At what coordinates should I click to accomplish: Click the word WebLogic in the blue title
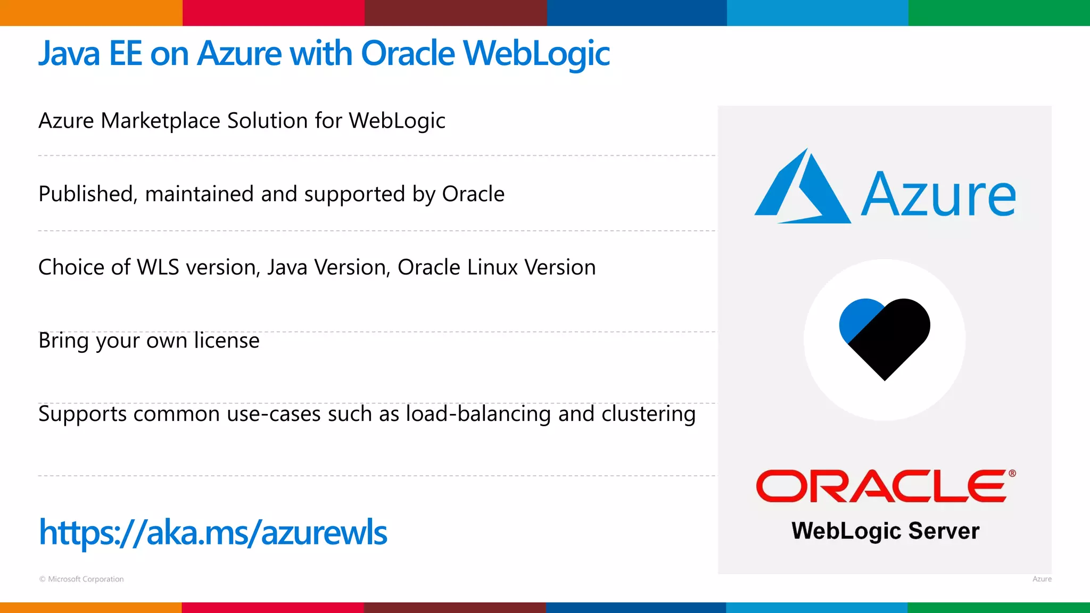(536, 54)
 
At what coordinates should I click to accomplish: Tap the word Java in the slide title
(69, 54)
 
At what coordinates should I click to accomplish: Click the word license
(226, 341)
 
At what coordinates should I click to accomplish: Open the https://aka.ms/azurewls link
(213, 532)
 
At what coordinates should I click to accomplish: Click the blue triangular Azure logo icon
(802, 187)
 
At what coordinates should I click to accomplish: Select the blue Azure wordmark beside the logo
(938, 195)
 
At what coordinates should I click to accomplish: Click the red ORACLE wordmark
(881, 486)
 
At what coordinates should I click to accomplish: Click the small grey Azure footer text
(1042, 579)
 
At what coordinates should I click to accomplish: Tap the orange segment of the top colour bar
(90, 13)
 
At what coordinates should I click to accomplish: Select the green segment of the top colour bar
(999, 13)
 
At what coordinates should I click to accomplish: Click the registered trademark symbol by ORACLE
(1012, 473)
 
